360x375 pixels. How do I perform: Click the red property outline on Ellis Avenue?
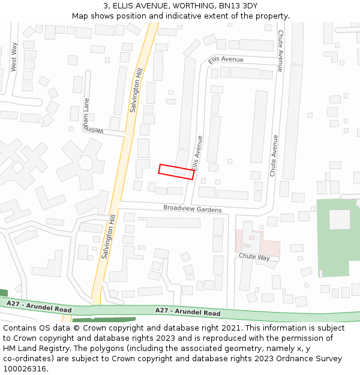click(176, 172)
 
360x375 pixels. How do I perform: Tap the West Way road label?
click(14, 57)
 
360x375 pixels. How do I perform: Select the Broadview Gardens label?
click(193, 209)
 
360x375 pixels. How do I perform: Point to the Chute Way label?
click(254, 257)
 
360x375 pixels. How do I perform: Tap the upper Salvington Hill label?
click(136, 90)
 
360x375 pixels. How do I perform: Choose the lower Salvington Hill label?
click(108, 237)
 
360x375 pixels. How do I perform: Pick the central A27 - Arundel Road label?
click(188, 312)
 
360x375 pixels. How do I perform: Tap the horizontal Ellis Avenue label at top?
click(226, 60)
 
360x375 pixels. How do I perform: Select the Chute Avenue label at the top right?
click(280, 51)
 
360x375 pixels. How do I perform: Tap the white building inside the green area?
click(339, 219)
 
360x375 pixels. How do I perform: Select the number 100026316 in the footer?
click(25, 368)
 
